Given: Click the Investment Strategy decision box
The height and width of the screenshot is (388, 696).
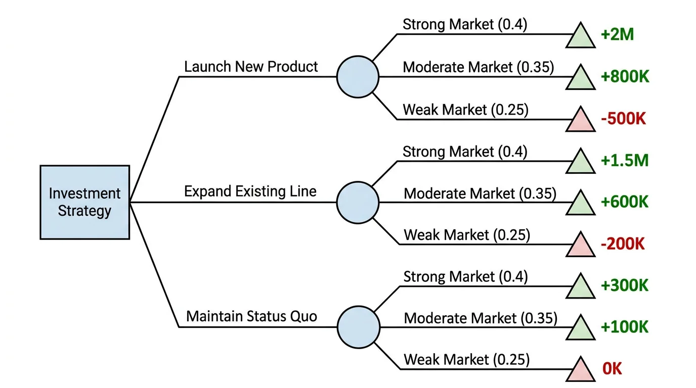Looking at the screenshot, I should point(84,202).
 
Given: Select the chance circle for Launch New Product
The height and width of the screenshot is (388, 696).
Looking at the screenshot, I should point(358,77).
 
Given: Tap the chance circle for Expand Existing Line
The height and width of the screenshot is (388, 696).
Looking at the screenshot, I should point(358,203).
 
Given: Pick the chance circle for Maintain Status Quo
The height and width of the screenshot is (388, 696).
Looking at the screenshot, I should point(358,327).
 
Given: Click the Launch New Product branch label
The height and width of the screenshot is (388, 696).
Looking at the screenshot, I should point(251,67).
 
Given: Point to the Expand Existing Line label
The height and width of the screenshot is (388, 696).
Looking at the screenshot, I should point(250,191).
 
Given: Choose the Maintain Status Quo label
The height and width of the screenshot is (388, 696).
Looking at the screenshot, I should point(251,317).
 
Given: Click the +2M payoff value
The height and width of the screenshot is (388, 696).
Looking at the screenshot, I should point(617,35).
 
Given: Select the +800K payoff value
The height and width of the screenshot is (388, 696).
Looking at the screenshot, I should point(625,77).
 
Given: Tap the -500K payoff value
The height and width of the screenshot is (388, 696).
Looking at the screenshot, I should point(624,119).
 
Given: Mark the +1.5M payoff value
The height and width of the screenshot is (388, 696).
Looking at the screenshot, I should point(625,160).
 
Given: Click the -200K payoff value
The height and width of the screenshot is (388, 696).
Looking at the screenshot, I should point(623,244).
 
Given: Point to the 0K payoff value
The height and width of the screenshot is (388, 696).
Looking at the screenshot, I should point(612,369).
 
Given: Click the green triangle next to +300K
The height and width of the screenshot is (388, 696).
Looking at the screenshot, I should point(580,287).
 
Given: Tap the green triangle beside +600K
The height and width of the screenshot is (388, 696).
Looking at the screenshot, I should point(580,204).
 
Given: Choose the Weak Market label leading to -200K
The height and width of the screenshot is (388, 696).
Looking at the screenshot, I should point(467,235).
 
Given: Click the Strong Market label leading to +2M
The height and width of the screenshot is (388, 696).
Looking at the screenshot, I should point(465,25).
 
